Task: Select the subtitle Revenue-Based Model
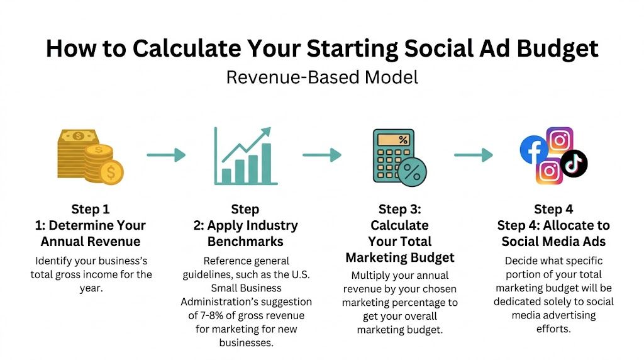click(322, 77)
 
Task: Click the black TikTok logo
click(574, 163)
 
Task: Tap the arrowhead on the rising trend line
click(266, 132)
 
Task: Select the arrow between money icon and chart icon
click(167, 155)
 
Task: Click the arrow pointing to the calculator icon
click(322, 155)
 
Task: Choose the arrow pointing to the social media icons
click(474, 155)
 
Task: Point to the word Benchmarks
click(245, 242)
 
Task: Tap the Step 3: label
click(399, 209)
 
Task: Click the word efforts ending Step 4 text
click(553, 329)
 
